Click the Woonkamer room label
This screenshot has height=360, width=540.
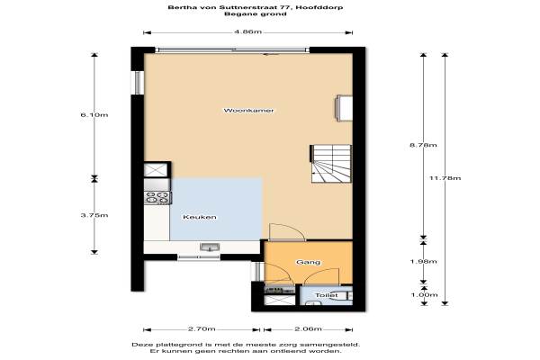coord(248,111)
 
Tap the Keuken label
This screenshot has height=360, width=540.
coord(200,217)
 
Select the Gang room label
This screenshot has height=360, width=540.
coord(308,262)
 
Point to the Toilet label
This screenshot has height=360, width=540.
coord(327,295)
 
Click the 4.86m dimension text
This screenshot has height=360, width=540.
coord(248,32)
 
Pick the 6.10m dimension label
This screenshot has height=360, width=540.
coord(94,114)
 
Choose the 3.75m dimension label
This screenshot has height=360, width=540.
coord(94,215)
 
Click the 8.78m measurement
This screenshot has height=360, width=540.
coord(423,145)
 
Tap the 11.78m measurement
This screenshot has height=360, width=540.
coord(445,178)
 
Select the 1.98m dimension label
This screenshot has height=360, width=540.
coord(423,262)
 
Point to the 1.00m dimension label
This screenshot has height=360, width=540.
coord(424,295)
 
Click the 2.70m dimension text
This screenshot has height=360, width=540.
coord(202,329)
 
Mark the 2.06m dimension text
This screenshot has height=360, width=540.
coord(308,329)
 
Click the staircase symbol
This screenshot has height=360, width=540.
coord(331,164)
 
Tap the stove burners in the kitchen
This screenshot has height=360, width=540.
coord(157,197)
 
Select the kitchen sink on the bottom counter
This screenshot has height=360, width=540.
coord(210,247)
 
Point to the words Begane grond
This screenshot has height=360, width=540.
coord(256,14)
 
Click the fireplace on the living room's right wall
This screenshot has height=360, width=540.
coord(344,109)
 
